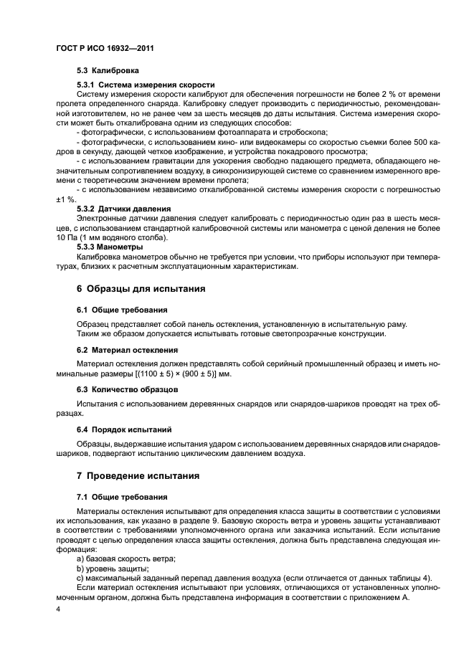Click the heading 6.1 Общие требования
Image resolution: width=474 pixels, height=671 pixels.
click(x=122, y=310)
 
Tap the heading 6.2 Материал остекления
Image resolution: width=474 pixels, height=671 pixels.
click(x=127, y=349)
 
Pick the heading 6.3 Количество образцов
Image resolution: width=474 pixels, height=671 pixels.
click(x=128, y=389)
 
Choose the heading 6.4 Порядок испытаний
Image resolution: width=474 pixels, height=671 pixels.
click(x=123, y=429)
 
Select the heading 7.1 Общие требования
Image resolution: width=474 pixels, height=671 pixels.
click(x=122, y=496)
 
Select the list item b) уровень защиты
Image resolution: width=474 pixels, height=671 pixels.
click(x=113, y=567)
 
